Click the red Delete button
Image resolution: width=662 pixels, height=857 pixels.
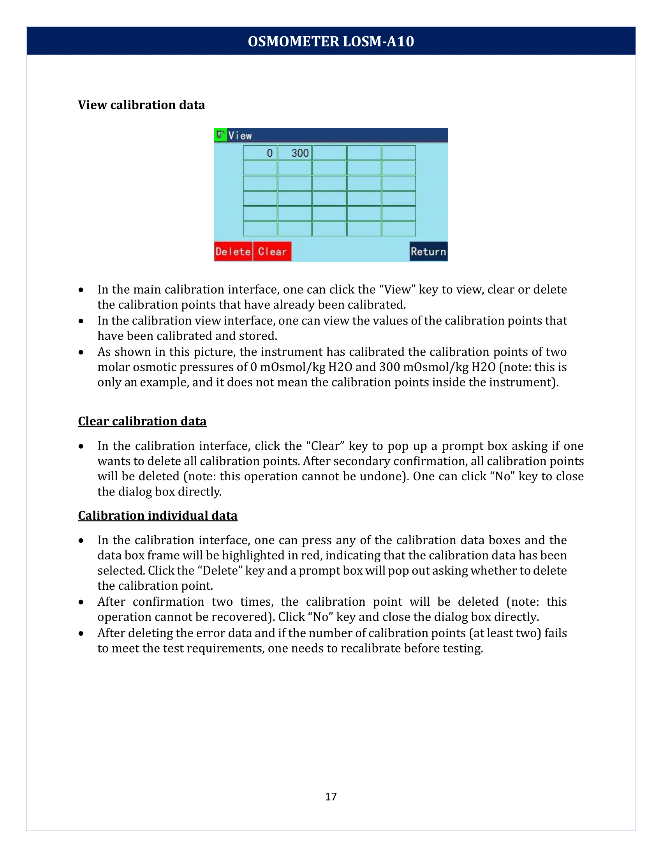coord(233,251)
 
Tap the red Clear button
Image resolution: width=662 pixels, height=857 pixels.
coord(272,251)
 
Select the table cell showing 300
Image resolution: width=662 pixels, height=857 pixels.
coord(295,153)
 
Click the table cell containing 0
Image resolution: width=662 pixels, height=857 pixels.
coord(260,153)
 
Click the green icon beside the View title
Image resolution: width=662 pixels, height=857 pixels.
coord(220,135)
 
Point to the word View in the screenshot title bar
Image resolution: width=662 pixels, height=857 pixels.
coord(240,136)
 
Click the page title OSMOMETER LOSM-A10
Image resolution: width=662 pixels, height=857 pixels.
coord(331,41)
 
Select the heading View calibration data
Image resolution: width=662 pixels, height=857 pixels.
coord(141,105)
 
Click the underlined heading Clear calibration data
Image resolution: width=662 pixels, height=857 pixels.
coord(142,421)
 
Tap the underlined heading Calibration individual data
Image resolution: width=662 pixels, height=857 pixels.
coord(158,515)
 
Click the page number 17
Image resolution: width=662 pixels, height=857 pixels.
coord(331,796)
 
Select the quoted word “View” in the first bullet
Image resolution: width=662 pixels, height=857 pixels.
coord(397,289)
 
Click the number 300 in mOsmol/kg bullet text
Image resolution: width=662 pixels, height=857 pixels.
coord(389,367)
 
